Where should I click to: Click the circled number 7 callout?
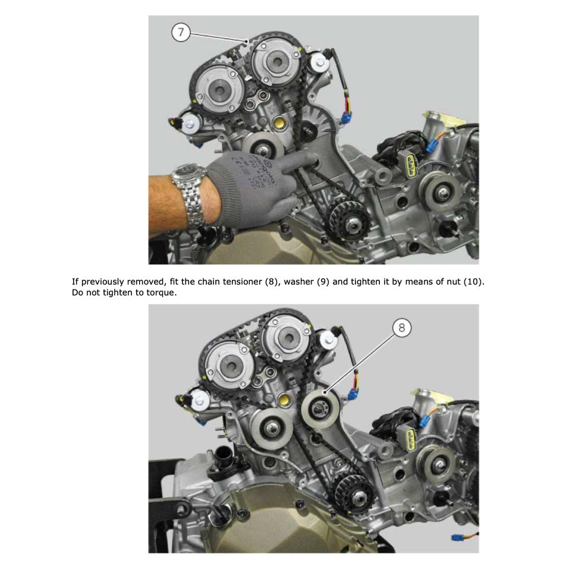pyautogui.click(x=181, y=33)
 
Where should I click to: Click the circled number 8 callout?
pyautogui.click(x=402, y=328)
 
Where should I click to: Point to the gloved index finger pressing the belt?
pyautogui.click(x=300, y=161)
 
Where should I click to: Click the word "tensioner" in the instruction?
pyautogui.click(x=241, y=282)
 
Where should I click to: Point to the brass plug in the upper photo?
pyautogui.click(x=279, y=123)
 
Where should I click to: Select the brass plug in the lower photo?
pyautogui.click(x=284, y=400)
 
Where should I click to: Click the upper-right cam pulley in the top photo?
pyautogui.click(x=277, y=62)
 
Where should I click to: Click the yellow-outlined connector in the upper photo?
pyautogui.click(x=410, y=165)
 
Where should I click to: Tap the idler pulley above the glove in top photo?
pyautogui.click(x=262, y=144)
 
